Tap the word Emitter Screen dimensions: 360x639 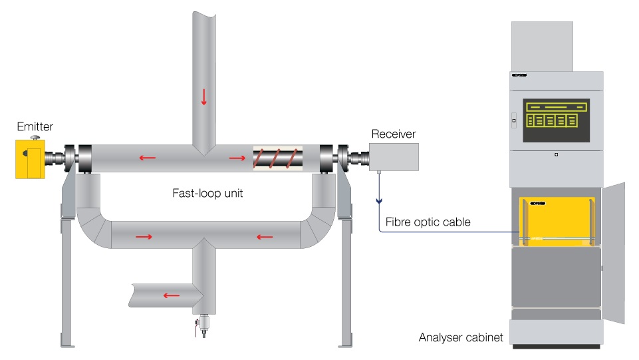click(35, 126)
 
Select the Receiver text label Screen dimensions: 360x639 click(394, 134)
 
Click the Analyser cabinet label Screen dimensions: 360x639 click(461, 337)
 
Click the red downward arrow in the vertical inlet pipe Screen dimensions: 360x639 click(203, 97)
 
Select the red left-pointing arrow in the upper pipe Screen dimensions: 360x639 click(148, 158)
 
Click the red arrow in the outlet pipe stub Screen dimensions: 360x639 click(172, 295)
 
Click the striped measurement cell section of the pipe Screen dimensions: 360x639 click(277, 159)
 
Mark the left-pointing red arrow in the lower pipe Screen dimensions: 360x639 click(265, 236)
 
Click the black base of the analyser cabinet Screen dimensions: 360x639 click(556, 346)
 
